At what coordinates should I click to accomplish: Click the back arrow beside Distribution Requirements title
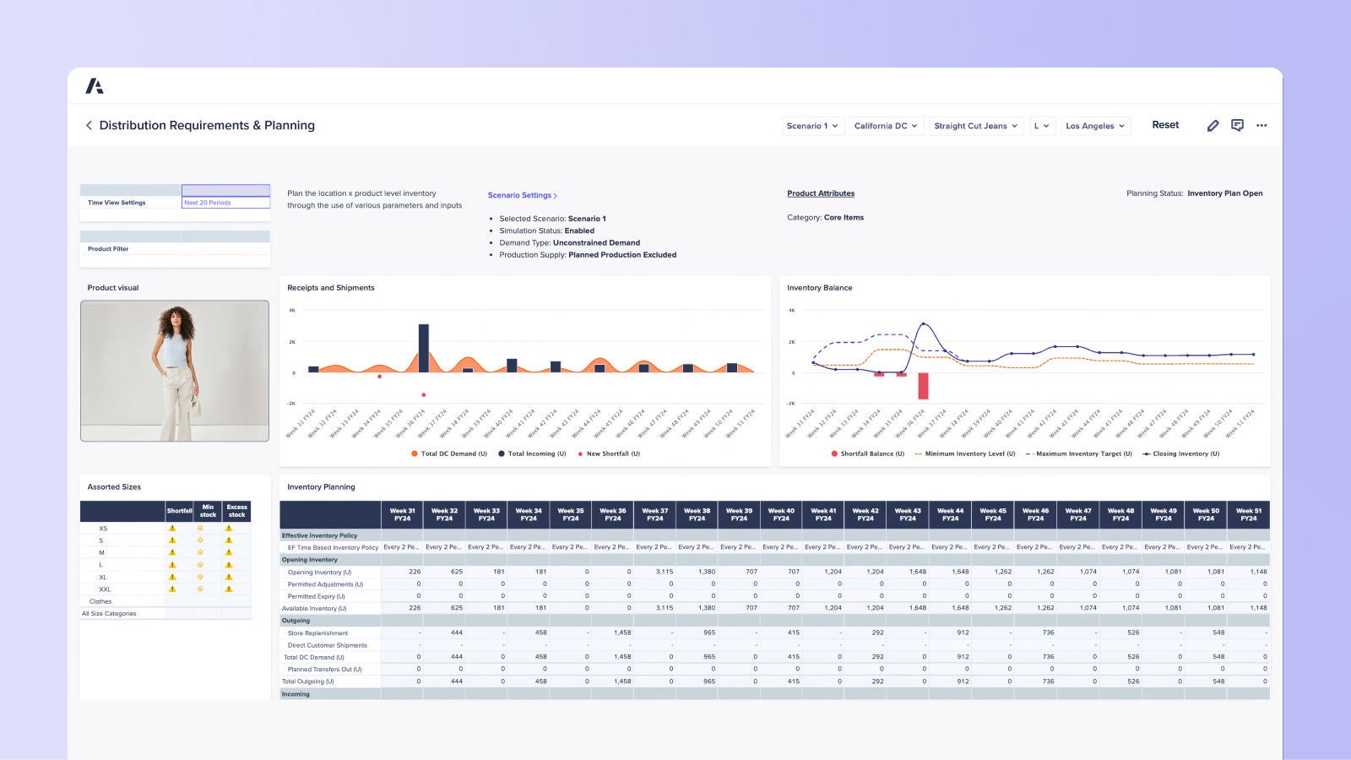(89, 125)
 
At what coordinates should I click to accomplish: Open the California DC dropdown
(886, 126)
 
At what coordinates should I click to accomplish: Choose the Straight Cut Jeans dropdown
(975, 126)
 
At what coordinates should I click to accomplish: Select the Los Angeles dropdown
(1095, 126)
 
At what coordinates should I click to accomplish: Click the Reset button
(1165, 125)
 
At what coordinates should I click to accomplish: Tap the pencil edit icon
(1213, 125)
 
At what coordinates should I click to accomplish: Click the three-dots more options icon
(1261, 125)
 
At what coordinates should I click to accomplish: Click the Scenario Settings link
(522, 195)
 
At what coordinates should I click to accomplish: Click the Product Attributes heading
(821, 193)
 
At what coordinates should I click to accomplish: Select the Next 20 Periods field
(225, 203)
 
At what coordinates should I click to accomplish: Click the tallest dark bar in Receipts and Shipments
(423, 348)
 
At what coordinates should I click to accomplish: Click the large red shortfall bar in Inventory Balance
(923, 386)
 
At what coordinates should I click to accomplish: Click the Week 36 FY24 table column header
(612, 514)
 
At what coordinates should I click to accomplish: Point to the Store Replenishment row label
(317, 632)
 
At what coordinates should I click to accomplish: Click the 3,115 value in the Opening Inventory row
(664, 572)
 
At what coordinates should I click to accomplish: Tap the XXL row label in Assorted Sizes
(105, 589)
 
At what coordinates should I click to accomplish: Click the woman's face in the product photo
(177, 322)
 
